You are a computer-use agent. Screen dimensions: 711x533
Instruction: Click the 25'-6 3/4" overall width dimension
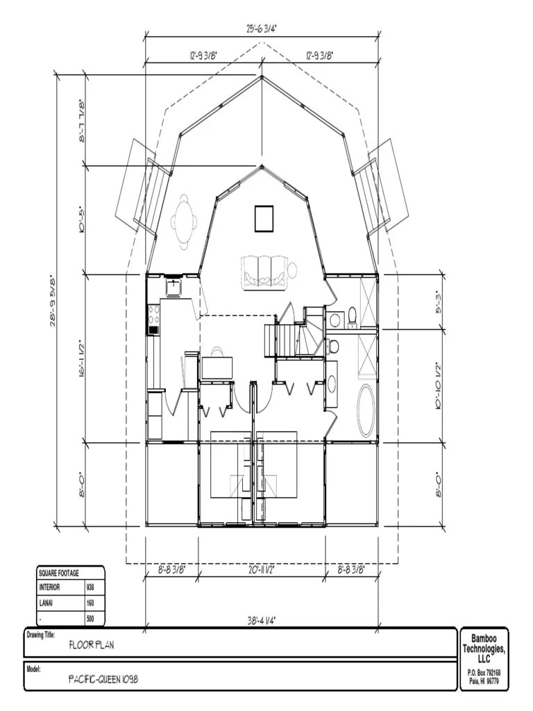[x=262, y=28]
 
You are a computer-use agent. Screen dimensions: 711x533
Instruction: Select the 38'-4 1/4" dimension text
[x=262, y=622]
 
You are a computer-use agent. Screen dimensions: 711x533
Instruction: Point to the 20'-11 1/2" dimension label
[x=262, y=569]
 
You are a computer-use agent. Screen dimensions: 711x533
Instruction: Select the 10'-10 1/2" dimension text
[x=438, y=386]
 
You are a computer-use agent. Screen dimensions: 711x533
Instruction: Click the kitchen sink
[x=173, y=286]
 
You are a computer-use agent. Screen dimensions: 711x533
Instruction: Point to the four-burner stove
[x=153, y=321]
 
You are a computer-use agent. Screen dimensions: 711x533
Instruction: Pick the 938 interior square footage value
[x=90, y=587]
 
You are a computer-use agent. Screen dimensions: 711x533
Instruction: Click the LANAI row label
[x=47, y=603]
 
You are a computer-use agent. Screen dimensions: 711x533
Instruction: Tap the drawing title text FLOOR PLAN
[x=92, y=645]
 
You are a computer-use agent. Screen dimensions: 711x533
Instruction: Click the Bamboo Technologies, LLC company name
[x=484, y=648]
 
